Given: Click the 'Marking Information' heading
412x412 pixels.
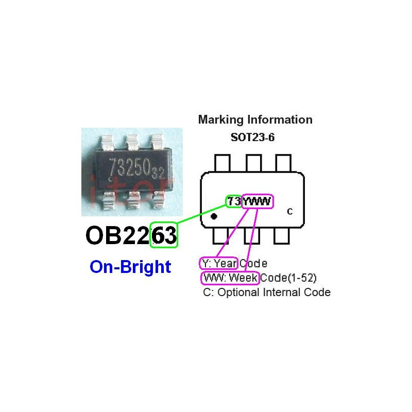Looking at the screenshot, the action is tap(255, 120).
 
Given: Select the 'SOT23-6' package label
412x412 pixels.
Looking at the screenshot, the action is tap(252, 137).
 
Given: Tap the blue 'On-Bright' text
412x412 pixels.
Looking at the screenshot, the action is tap(130, 267).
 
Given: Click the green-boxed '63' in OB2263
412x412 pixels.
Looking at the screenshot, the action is tap(164, 235).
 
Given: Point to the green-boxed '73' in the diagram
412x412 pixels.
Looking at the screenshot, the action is tap(234, 201).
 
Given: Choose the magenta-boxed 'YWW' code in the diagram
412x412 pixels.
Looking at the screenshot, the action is tap(257, 201).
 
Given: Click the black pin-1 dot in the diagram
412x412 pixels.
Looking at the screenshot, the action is tap(214, 216).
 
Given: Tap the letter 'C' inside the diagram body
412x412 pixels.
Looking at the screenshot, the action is tap(290, 212).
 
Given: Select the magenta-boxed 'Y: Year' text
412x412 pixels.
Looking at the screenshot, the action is tap(219, 263).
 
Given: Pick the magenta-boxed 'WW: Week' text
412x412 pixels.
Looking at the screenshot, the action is tap(230, 278).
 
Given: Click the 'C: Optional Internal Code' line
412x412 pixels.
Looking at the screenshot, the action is tap(267, 292).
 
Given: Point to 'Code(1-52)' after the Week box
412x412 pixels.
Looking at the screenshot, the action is tap(288, 278).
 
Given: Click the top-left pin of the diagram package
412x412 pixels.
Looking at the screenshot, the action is tap(222, 163).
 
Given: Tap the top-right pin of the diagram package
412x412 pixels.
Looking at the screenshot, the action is tap(283, 163).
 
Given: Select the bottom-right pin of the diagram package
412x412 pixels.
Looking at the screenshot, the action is tap(281, 236).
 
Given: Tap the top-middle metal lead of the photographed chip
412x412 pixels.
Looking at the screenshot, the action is tap(132, 142).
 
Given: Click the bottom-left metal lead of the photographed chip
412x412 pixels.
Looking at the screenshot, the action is tap(109, 200).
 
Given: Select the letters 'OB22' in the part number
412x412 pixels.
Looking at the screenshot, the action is tap(118, 235).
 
